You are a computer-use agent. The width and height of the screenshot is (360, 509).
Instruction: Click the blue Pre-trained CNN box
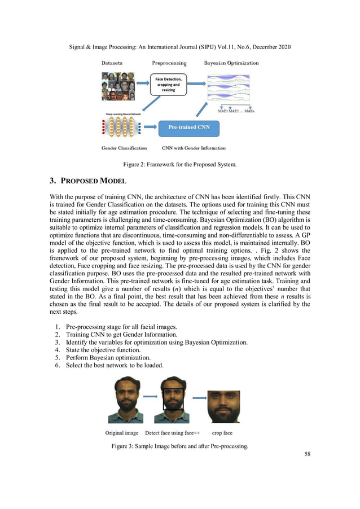(x=189, y=128)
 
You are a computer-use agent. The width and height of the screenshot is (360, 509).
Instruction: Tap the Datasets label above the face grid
(x=112, y=63)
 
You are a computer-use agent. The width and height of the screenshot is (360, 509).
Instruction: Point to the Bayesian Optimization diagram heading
(x=231, y=63)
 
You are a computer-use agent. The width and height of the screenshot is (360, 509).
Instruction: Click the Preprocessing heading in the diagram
(x=170, y=63)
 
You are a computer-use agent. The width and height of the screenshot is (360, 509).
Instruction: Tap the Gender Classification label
(x=124, y=148)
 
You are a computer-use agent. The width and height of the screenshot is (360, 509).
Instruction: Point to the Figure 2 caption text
(x=180, y=164)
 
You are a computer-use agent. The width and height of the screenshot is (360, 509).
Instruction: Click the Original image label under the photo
(x=122, y=433)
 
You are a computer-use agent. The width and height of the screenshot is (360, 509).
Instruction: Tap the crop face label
(x=222, y=433)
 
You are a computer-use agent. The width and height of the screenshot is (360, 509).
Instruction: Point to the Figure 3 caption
(x=179, y=446)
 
